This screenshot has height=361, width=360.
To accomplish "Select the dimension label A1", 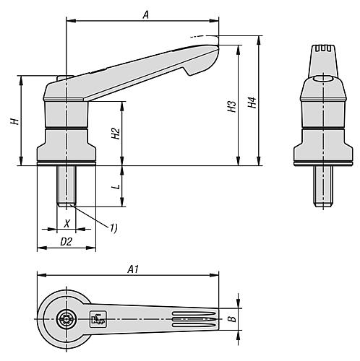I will click(x=132, y=269).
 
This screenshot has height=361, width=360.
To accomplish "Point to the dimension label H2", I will click(x=114, y=134).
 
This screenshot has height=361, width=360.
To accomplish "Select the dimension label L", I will click(x=114, y=186).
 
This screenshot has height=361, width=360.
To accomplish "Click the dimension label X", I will click(x=67, y=223).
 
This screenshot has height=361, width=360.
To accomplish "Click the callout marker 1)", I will click(x=113, y=228).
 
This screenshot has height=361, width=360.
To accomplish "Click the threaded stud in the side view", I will click(x=67, y=187).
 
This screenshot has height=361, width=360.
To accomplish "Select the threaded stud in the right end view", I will click(x=320, y=187).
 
